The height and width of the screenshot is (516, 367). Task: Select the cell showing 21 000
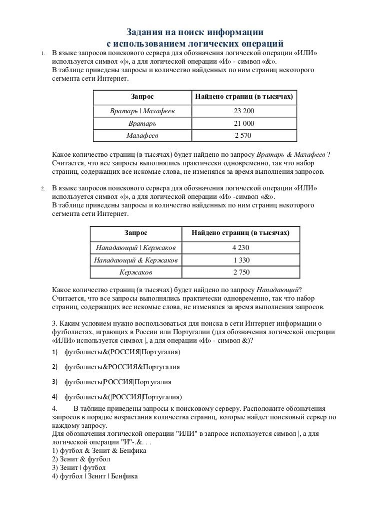point(244,123)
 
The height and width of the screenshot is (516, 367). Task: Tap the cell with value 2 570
point(244,135)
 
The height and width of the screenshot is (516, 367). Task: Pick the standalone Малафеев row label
point(142,135)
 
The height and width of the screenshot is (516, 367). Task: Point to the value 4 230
point(241,247)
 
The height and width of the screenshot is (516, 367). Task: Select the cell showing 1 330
point(241,260)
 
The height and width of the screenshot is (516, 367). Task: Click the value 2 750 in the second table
point(241,272)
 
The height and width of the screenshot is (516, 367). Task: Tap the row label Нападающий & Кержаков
point(136,260)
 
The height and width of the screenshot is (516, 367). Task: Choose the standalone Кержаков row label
point(136,272)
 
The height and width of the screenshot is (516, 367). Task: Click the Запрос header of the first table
point(142,96)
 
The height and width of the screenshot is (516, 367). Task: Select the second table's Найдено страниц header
point(241,232)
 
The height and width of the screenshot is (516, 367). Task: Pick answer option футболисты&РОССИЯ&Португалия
point(122,367)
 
